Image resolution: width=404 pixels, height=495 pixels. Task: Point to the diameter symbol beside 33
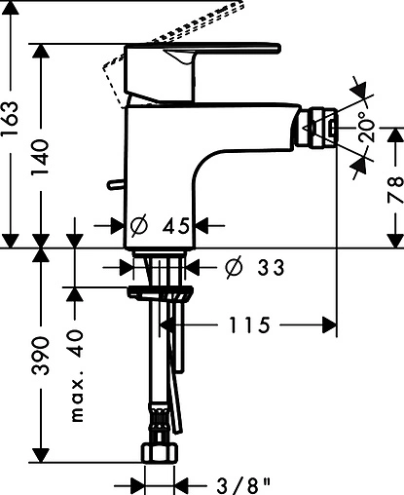235,266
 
